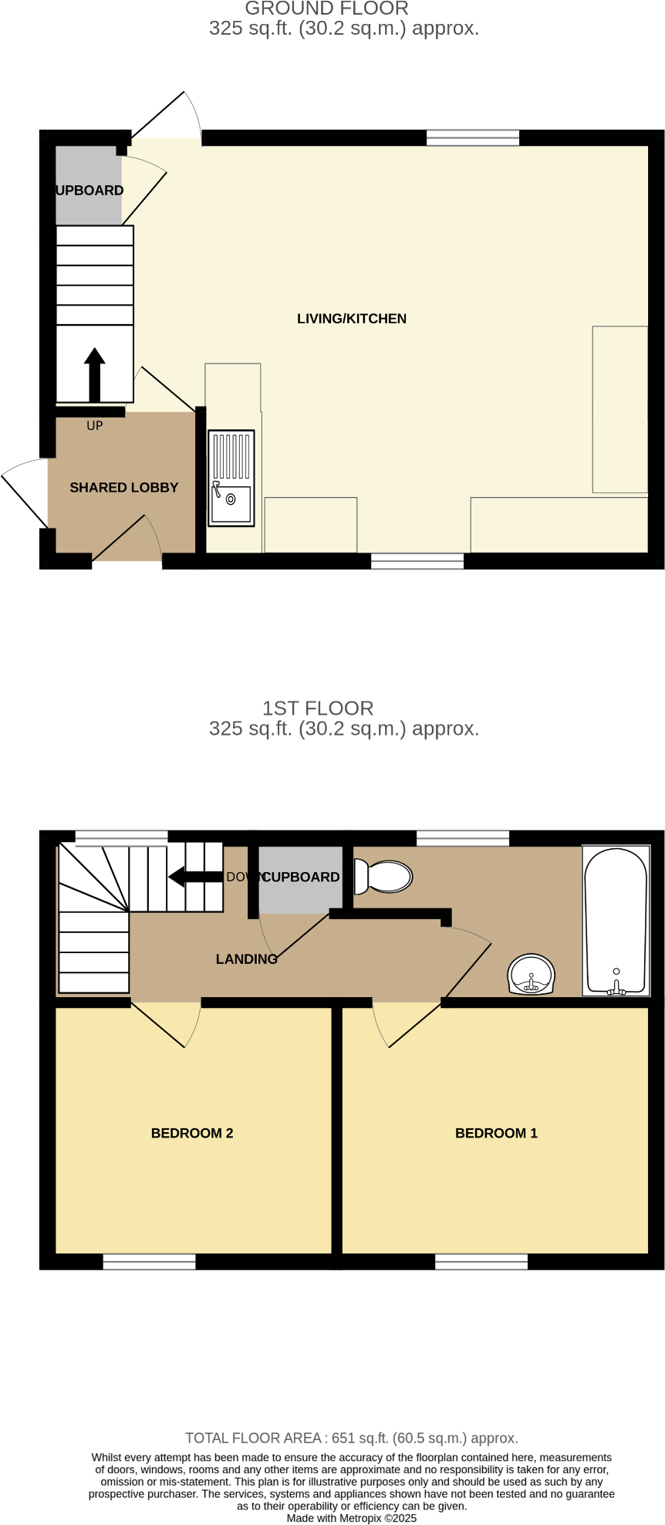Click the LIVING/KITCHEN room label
(x=351, y=319)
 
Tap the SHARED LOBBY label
(x=123, y=488)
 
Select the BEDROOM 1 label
(x=496, y=1133)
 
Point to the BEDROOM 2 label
(x=192, y=1133)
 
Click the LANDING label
(x=246, y=959)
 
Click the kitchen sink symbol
(x=231, y=478)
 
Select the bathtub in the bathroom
(x=615, y=921)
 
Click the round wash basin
(x=531, y=975)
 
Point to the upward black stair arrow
(x=94, y=374)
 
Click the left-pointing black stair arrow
(x=195, y=877)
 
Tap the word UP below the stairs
(x=94, y=426)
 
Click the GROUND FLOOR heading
(x=326, y=9)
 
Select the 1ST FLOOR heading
(x=318, y=708)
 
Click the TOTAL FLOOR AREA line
(x=351, y=1438)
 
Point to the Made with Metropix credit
(x=351, y=1518)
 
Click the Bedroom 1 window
(x=481, y=1262)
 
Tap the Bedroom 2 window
(x=149, y=1262)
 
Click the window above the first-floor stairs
(x=121, y=837)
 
